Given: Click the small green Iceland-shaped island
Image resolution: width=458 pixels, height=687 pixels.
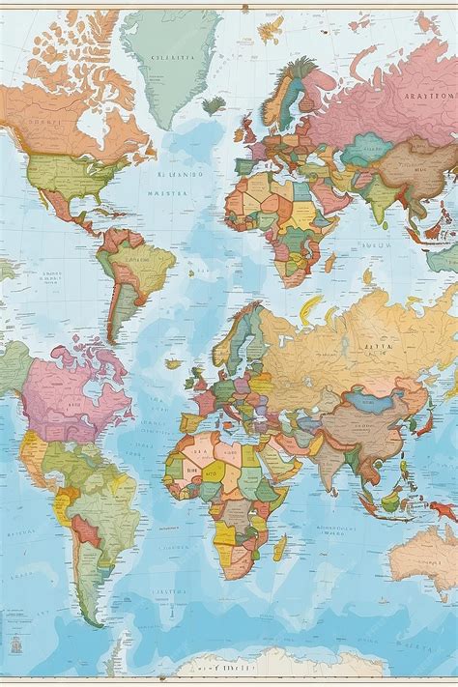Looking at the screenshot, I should point(214,103).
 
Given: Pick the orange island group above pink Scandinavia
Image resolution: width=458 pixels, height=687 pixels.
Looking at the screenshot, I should point(272,29).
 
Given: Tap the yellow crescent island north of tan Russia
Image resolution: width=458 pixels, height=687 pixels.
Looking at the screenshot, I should point(310,308).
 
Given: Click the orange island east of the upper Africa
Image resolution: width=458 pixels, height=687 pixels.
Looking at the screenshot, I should point(329,262).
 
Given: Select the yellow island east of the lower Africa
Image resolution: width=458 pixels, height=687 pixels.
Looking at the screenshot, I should point(279,547).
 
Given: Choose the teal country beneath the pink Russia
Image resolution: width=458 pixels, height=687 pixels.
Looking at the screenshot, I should point(366,150).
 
